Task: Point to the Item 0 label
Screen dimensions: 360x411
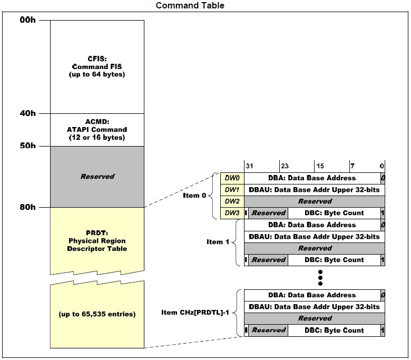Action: (196, 196)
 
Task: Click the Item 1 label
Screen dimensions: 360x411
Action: (218, 242)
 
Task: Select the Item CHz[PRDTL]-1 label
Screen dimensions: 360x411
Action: (195, 313)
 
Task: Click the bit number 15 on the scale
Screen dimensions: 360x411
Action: (320, 165)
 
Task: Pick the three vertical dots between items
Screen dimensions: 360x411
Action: (320, 277)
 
